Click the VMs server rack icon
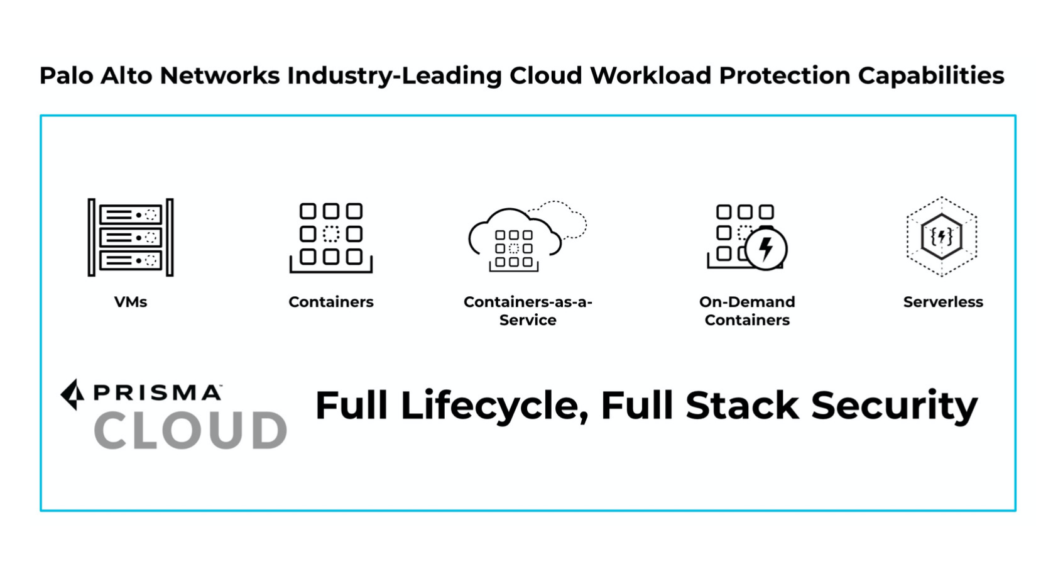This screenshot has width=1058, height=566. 131,237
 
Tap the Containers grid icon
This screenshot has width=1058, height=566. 331,237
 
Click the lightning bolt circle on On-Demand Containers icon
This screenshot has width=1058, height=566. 766,248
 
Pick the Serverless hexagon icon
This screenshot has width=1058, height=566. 942,236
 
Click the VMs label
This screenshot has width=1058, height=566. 131,302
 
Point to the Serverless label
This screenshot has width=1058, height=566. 943,302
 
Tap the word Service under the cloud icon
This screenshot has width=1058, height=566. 528,320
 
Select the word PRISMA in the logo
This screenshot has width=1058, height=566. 157,393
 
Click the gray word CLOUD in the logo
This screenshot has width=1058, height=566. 190,431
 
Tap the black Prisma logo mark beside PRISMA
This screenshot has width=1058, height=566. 73,394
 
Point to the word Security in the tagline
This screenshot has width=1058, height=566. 894,406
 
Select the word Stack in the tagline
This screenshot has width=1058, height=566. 742,406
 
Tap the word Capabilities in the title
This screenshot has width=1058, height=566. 931,75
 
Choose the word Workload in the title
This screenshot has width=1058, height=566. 650,75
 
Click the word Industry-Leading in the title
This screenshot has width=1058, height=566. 395,75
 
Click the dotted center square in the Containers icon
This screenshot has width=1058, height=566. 331,234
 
